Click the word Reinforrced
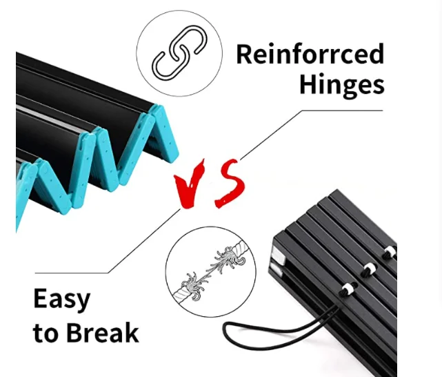(310, 55)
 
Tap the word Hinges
(341, 85)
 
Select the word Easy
(61, 300)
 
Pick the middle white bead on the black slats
(368, 268)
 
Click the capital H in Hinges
(308, 85)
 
